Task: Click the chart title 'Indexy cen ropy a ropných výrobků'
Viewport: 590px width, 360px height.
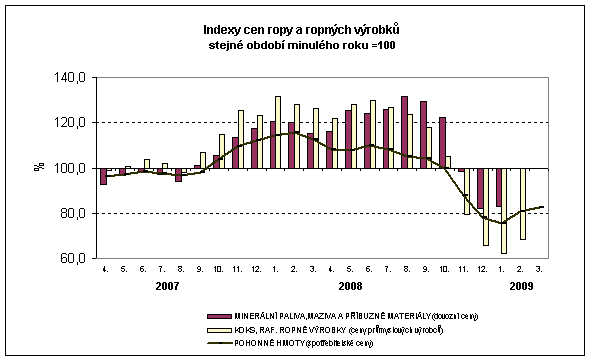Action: [294, 30]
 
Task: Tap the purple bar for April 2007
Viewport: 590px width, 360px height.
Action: [103, 176]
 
